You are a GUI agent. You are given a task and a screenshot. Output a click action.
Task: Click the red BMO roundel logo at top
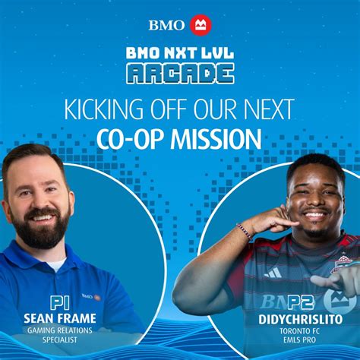[x=201, y=25]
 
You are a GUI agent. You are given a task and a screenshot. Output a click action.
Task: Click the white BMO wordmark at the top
[x=167, y=25]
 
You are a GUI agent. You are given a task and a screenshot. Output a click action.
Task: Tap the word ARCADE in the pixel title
[x=180, y=74]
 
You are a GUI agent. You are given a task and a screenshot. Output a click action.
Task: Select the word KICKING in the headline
[x=104, y=109]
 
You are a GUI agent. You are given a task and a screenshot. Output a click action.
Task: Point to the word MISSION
[x=216, y=140]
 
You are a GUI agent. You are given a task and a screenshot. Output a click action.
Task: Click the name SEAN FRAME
[x=60, y=318]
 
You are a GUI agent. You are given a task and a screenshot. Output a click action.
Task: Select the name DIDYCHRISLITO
[x=301, y=320]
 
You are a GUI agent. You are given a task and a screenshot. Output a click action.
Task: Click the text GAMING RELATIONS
[x=60, y=330]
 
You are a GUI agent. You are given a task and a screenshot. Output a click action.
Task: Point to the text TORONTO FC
[x=299, y=331]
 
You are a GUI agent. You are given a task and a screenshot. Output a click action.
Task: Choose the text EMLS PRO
[x=300, y=339]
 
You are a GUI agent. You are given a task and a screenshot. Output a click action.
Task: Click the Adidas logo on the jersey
[x=273, y=273]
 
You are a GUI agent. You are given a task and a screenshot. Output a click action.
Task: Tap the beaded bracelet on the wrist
[x=245, y=232]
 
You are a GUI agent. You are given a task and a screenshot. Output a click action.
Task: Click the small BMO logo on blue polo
[x=91, y=296]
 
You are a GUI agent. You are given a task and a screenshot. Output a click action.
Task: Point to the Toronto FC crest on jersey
[x=342, y=264]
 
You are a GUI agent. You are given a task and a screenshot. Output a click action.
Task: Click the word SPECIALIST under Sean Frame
[x=60, y=339]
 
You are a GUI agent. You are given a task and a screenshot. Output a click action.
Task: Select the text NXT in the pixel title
[x=179, y=52]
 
